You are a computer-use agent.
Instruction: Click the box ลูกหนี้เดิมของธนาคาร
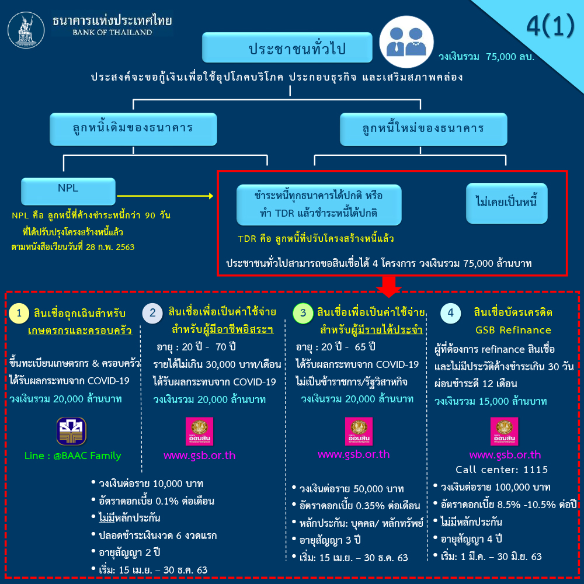click(133, 130)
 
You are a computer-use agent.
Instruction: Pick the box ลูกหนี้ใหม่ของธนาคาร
click(423, 130)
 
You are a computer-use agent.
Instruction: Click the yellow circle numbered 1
click(19, 314)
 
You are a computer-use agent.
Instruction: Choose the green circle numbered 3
click(303, 314)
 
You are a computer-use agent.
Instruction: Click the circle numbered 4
click(450, 314)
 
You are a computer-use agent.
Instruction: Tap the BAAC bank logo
click(71, 431)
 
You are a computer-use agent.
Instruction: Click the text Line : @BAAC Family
click(72, 456)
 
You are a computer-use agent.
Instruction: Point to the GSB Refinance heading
click(513, 330)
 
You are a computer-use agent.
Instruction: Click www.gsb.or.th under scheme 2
click(200, 456)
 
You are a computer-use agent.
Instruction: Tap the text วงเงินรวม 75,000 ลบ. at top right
click(487, 57)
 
